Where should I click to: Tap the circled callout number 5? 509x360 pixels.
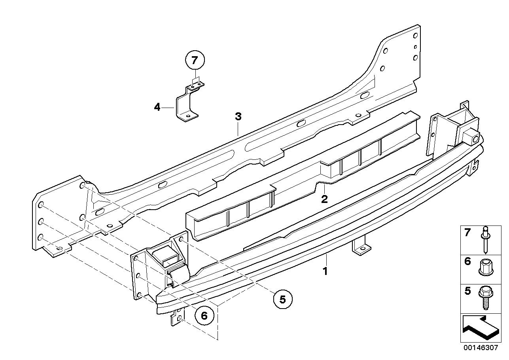[282, 299]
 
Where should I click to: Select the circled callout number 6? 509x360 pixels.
[204, 315]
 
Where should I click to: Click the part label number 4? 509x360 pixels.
[157, 107]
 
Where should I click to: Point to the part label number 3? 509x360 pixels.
[238, 117]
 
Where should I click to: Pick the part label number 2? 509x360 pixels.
[324, 199]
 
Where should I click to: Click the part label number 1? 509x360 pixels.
[325, 272]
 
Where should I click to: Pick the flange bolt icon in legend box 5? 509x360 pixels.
[485, 298]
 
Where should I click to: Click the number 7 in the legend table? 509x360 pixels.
[468, 233]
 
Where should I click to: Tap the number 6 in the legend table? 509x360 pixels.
[468, 261]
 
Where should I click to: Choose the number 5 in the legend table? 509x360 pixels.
[468, 291]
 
